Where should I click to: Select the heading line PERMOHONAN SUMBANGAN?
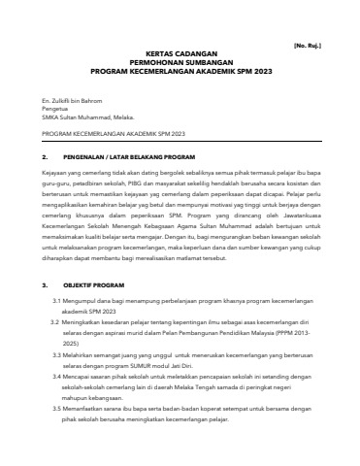coord(180,65)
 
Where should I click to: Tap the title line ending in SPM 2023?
coord(180,73)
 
